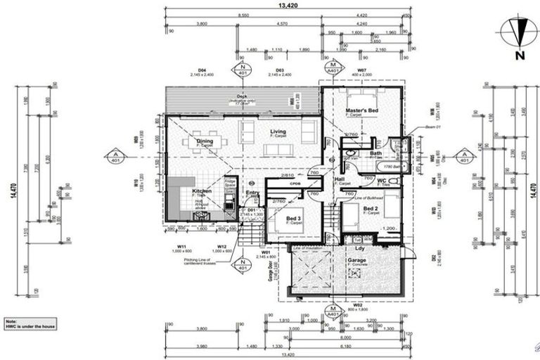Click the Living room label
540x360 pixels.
(279, 131)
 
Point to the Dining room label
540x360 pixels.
(205, 141)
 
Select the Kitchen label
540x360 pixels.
(202, 191)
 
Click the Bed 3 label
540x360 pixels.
(293, 218)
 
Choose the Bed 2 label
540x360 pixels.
(371, 209)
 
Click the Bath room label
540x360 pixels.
(376, 153)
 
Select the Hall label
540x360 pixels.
(340, 179)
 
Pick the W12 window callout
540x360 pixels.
(221, 247)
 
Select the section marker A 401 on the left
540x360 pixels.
(113, 155)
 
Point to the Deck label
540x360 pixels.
(243, 96)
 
